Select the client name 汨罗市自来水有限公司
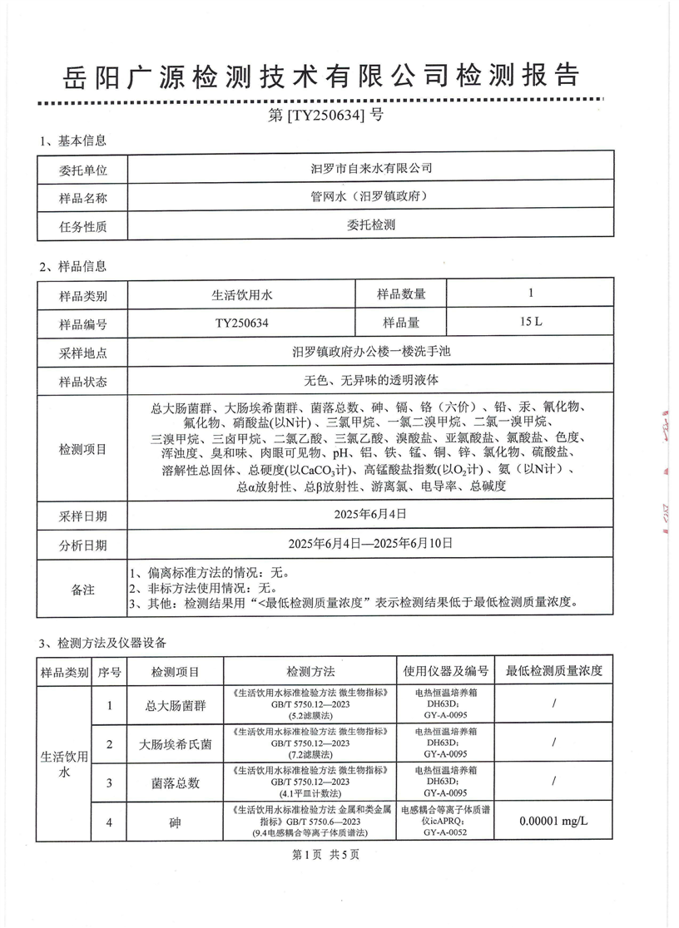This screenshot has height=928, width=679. pyautogui.click(x=371, y=169)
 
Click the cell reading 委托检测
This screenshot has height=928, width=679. pyautogui.click(x=371, y=225)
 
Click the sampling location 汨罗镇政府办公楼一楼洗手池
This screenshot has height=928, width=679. pyautogui.click(x=371, y=352)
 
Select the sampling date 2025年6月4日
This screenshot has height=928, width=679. pyautogui.click(x=371, y=516)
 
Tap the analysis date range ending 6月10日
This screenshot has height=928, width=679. pyautogui.click(x=371, y=544)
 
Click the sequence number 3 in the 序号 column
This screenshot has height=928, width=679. pyautogui.click(x=109, y=782)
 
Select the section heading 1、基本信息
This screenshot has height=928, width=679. pyautogui.click(x=73, y=141)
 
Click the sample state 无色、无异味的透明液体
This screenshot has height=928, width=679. pyautogui.click(x=371, y=380)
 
